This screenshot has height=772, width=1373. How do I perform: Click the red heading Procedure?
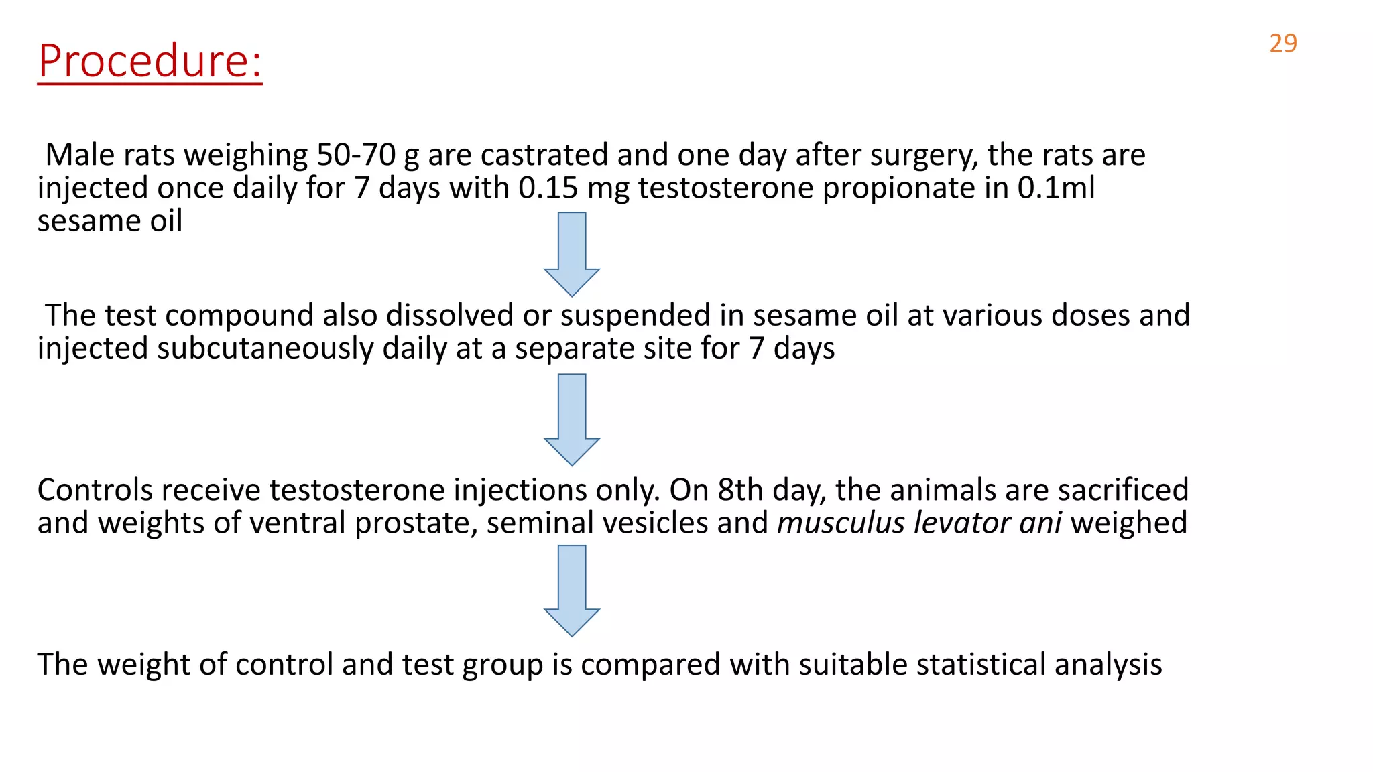[x=150, y=61]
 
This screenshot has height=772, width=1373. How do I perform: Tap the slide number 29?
[x=1282, y=44]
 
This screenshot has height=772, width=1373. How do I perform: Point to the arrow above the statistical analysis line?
[x=572, y=590]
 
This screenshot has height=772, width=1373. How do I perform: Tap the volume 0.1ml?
[x=1056, y=188]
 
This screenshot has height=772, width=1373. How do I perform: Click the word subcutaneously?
[x=265, y=349]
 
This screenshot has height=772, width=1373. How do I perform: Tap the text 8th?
[x=740, y=490]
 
